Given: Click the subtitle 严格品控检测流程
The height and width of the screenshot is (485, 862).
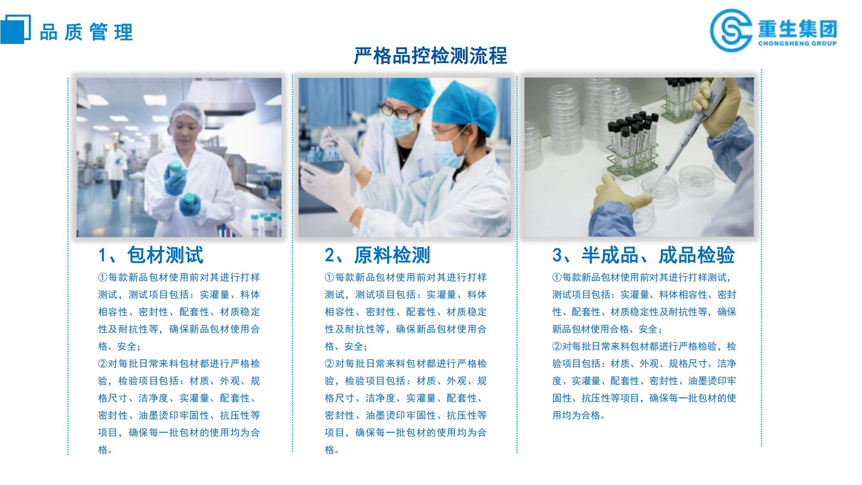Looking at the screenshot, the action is coord(431,56).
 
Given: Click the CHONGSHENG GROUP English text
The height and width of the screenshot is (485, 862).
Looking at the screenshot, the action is coord(797,43).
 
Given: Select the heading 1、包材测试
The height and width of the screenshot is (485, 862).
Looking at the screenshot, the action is coord(150,255).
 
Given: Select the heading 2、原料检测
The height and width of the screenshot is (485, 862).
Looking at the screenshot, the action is coord(377,255).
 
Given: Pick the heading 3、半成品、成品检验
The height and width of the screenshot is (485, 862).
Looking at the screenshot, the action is coord(643,255).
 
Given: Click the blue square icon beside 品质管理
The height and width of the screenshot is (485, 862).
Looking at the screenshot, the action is coord(16,29).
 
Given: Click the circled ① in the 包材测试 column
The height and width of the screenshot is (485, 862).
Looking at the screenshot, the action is coord(103,277).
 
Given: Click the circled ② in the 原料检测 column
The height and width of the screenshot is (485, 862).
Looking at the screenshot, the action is coord(329,363).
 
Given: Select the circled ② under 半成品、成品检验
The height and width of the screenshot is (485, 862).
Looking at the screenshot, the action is coord(557,346).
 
